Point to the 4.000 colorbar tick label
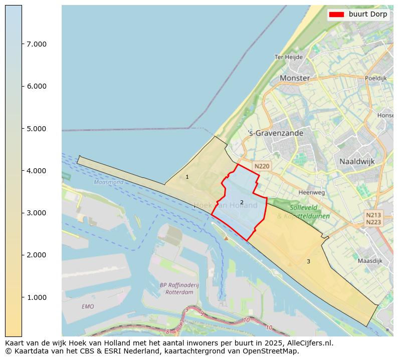[x=36, y=171]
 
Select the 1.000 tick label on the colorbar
[x=36, y=297]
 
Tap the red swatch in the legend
[x=336, y=15]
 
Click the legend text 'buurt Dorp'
[x=368, y=15]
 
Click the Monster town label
[x=295, y=78]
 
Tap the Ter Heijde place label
[x=288, y=57]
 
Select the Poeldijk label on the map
[x=375, y=78]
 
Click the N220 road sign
[x=262, y=166]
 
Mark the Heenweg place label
[x=311, y=192]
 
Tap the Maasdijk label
[x=370, y=261]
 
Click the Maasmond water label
[x=108, y=182]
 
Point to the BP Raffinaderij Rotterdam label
[x=179, y=288]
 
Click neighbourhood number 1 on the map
[x=187, y=177]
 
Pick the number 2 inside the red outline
[x=242, y=202]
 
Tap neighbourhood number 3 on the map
[x=308, y=261]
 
